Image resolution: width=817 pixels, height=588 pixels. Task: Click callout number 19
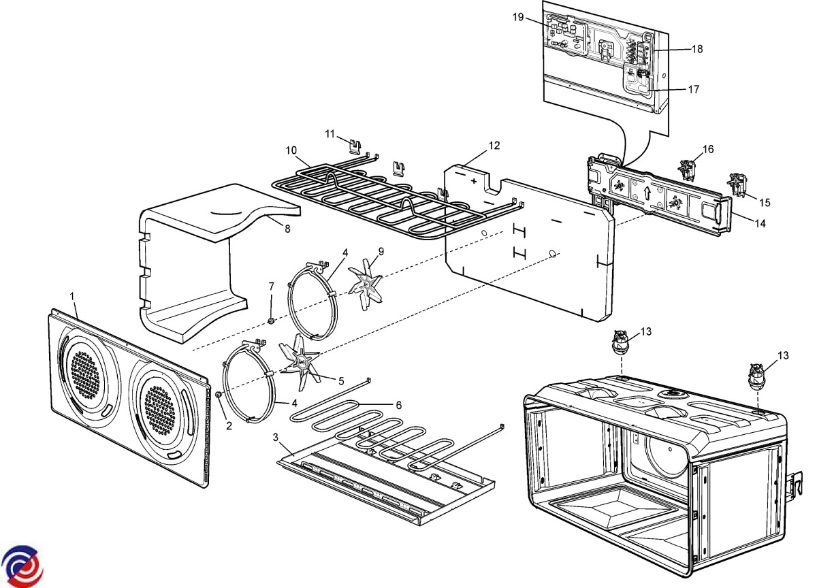[518, 17]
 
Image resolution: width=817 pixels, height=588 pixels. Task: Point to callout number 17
[694, 89]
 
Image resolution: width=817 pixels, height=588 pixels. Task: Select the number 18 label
[697, 49]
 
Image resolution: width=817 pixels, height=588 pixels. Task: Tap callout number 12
[494, 145]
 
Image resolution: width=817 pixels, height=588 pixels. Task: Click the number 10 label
[291, 150]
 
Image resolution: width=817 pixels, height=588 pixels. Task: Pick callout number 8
[287, 229]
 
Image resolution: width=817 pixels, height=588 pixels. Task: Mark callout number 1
[72, 296]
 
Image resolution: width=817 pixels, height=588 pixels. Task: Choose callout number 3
[276, 436]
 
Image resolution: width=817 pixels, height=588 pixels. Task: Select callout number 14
[760, 223]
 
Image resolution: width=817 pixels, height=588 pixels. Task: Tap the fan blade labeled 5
[300, 357]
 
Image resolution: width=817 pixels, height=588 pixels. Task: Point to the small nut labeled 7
[271, 319]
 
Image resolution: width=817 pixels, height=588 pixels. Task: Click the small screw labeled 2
[218, 394]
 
